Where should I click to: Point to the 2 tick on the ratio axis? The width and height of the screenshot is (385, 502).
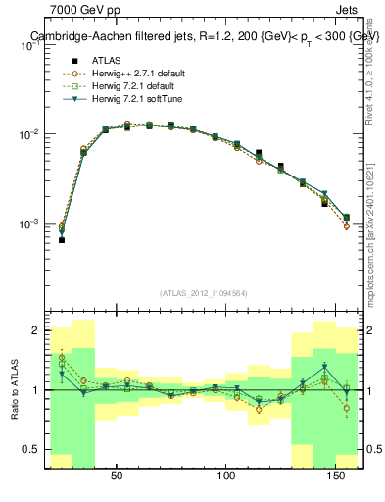coord(37,330)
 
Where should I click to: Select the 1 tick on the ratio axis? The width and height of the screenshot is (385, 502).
coord(37,390)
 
